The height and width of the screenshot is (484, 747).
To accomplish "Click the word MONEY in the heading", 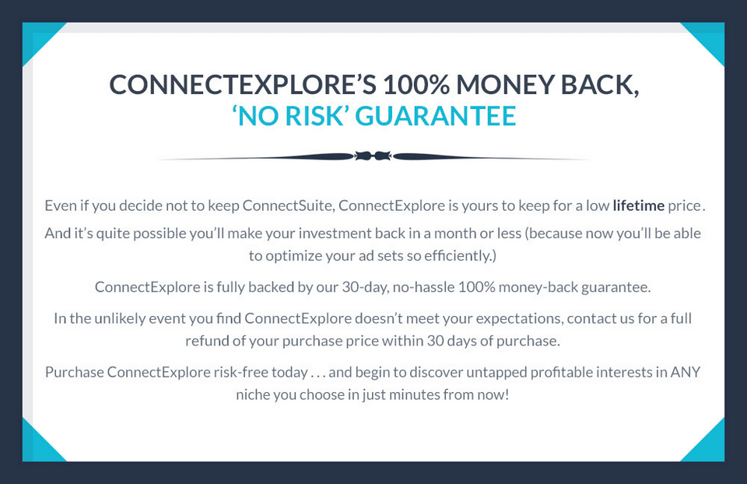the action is tap(505, 84).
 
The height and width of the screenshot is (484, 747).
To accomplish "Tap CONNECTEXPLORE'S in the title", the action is tap(243, 84).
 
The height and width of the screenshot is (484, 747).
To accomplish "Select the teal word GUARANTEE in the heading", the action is tap(436, 116).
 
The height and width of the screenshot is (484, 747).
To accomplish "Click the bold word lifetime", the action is tap(638, 205).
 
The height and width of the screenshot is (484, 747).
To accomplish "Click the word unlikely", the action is tap(120, 318).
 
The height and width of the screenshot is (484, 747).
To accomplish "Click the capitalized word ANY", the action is tap(686, 372).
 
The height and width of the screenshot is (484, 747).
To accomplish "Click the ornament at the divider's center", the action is tap(373, 156).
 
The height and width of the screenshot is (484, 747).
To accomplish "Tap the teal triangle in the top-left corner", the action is tap(38, 38).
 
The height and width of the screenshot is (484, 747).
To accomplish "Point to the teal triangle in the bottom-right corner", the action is tap(709, 446).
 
